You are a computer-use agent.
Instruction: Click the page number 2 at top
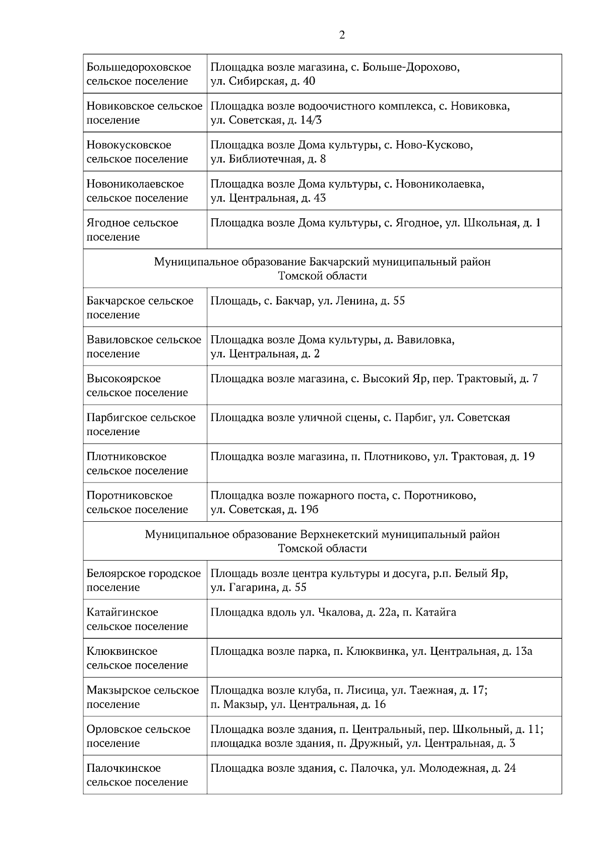pyautogui.click(x=342, y=35)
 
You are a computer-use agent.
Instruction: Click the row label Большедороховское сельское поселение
pyautogui.click(x=139, y=74)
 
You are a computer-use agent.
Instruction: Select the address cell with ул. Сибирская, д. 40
pyautogui.click(x=335, y=74)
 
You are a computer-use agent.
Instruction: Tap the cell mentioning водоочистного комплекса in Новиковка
pyautogui.click(x=360, y=113)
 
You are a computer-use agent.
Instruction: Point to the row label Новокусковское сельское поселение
pyautogui.click(x=137, y=152)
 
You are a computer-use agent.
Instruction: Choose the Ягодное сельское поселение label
pyautogui.click(x=133, y=230)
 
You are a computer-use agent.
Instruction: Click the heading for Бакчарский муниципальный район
pyautogui.click(x=322, y=269)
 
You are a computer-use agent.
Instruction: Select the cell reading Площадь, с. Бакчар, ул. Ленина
pyautogui.click(x=308, y=301)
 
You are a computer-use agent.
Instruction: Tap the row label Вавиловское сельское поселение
pyautogui.click(x=144, y=347)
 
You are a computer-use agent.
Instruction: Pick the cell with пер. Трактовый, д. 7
pyautogui.click(x=374, y=379)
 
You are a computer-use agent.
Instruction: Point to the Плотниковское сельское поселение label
pyautogui.click(x=137, y=463)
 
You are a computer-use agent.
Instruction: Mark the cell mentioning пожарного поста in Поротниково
pyautogui.click(x=343, y=502)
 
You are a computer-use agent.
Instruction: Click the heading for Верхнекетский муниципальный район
pyautogui.click(x=322, y=541)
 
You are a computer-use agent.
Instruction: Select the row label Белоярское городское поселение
pyautogui.click(x=144, y=580)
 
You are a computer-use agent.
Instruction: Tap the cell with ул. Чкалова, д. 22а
pyautogui.click(x=333, y=613)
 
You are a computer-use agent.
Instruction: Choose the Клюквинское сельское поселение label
pyautogui.click(x=137, y=658)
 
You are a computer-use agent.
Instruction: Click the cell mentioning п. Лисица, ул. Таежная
pyautogui.click(x=348, y=697)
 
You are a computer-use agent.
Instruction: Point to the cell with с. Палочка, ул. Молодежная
pyautogui.click(x=363, y=768)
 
